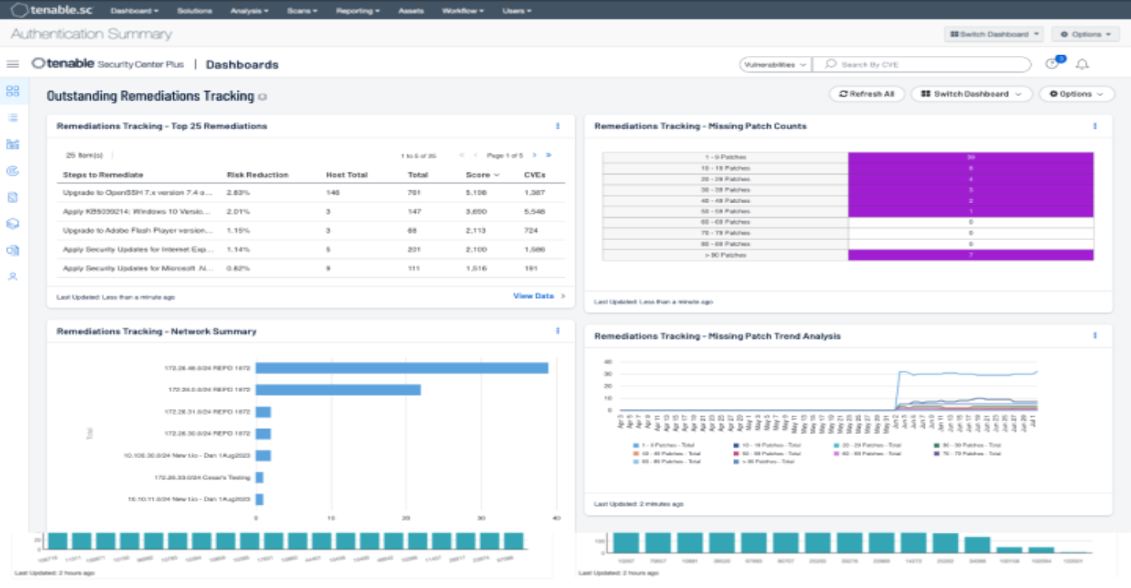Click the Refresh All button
(x=866, y=94)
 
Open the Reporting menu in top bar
(x=357, y=10)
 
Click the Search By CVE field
(x=921, y=64)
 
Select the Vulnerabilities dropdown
(x=775, y=64)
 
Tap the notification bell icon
(x=1082, y=64)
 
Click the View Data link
(x=534, y=296)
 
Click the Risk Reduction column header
(x=257, y=175)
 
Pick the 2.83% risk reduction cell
(x=238, y=193)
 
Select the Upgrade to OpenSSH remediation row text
(x=137, y=193)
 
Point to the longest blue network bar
(x=401, y=368)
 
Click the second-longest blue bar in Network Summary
(x=338, y=389)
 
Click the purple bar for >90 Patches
(x=970, y=255)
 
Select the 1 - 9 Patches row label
(x=725, y=157)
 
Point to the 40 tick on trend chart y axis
(x=608, y=361)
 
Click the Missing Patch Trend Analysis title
(x=717, y=336)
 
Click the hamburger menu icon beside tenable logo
(x=12, y=64)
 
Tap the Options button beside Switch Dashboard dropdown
(x=1076, y=94)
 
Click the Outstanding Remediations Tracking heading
(x=150, y=96)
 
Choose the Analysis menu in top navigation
(x=249, y=10)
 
